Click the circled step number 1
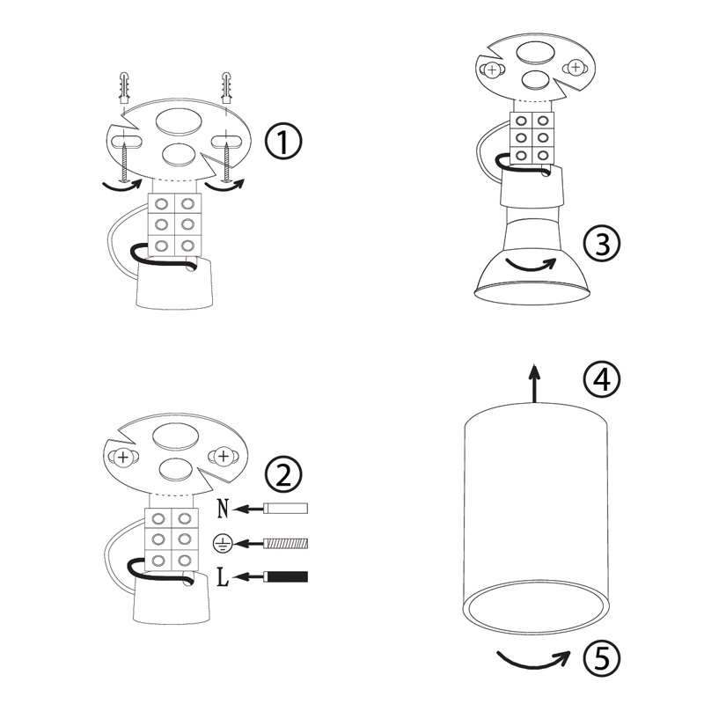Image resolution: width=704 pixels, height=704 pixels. click(283, 141)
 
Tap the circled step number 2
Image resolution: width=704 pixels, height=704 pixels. click(283, 473)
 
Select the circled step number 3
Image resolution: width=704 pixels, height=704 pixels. click(602, 244)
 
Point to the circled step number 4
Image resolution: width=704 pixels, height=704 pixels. click(602, 380)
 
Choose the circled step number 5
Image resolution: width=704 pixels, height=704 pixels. click(602, 658)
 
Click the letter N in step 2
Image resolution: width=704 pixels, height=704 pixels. click(224, 509)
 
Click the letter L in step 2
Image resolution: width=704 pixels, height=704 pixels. click(223, 577)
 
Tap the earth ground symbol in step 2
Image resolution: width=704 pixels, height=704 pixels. click(223, 543)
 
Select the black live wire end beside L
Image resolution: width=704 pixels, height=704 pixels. click(285, 576)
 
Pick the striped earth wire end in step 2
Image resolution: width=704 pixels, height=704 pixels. click(285, 543)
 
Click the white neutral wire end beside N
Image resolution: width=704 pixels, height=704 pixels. click(285, 509)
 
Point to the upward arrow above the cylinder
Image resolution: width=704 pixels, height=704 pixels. click(534, 383)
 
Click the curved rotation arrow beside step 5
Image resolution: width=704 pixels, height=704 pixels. click(533, 661)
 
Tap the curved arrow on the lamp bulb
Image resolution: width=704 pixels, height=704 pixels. click(531, 265)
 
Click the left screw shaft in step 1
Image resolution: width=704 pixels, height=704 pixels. click(124, 163)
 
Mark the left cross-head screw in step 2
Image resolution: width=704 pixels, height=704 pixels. click(122, 458)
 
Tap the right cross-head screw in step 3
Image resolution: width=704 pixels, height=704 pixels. click(576, 68)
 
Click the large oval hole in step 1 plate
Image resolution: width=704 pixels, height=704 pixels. click(179, 122)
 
